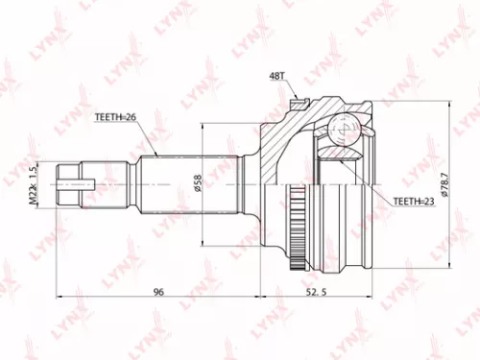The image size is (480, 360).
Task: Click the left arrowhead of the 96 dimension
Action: (60, 286)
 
